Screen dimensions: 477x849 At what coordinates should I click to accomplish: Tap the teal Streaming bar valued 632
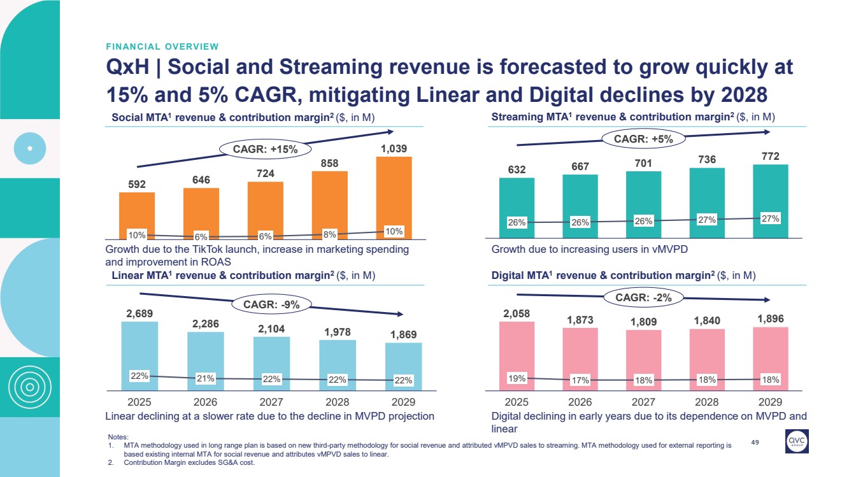[x=517, y=208]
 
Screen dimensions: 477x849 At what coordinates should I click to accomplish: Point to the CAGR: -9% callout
[x=271, y=304]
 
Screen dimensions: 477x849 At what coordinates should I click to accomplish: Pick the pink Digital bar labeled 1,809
[x=643, y=360]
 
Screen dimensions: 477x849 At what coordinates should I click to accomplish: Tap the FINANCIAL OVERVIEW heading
[x=162, y=46]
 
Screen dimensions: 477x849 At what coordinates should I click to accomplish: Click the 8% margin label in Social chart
[x=329, y=233]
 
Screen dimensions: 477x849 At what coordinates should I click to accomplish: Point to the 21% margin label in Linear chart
[x=206, y=379]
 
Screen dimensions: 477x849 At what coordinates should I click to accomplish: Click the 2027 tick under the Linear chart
[x=271, y=402]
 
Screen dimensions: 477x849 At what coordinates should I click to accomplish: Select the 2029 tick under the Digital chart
[x=770, y=402]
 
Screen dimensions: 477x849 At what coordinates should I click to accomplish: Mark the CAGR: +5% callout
[x=643, y=138]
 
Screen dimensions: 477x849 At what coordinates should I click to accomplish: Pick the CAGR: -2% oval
[x=643, y=297]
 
